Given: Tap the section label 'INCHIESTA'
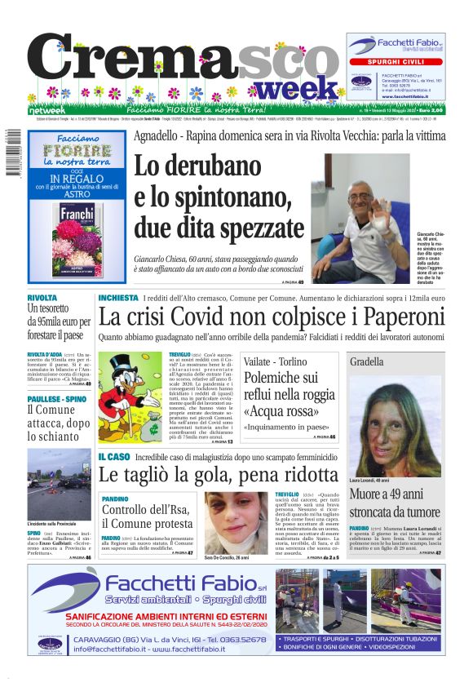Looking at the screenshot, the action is coord(118,298).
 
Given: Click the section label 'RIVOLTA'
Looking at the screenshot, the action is coord(42,298).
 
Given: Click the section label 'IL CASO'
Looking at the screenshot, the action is coord(114,457).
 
